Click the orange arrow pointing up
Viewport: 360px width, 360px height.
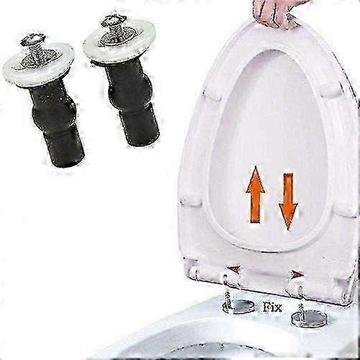pyautogui.click(x=256, y=195)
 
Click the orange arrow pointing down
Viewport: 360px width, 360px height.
pyautogui.click(x=288, y=202)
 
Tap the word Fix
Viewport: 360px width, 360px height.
pyautogui.click(x=273, y=307)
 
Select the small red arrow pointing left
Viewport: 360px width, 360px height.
pyautogui.click(x=234, y=269)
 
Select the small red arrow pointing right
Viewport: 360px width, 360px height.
pyautogui.click(x=297, y=274)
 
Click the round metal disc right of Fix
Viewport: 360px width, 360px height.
pyautogui.click(x=310, y=318)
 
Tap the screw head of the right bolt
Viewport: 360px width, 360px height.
pyautogui.click(x=114, y=19)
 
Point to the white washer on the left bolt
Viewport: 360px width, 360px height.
pyautogui.click(x=38, y=65)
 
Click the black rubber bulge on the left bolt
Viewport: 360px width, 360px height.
pyautogui.click(x=54, y=116)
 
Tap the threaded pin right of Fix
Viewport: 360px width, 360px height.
pyautogui.click(x=300, y=312)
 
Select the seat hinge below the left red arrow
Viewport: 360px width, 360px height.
pyautogui.click(x=231, y=283)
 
